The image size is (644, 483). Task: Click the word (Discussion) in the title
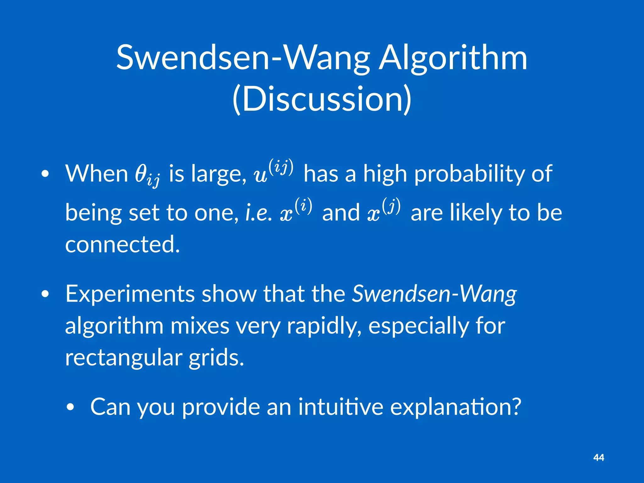point(322,99)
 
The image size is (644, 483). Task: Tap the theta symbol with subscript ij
point(147,175)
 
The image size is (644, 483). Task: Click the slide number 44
point(598,458)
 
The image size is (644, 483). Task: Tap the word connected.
point(122,244)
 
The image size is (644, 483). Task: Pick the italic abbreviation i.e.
point(258,213)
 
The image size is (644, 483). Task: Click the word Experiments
point(130,294)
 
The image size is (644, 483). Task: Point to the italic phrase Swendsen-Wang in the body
point(434,294)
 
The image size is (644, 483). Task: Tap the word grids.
point(216,358)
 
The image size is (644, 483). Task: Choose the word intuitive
point(341,407)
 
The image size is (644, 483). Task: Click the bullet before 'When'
point(45,175)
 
